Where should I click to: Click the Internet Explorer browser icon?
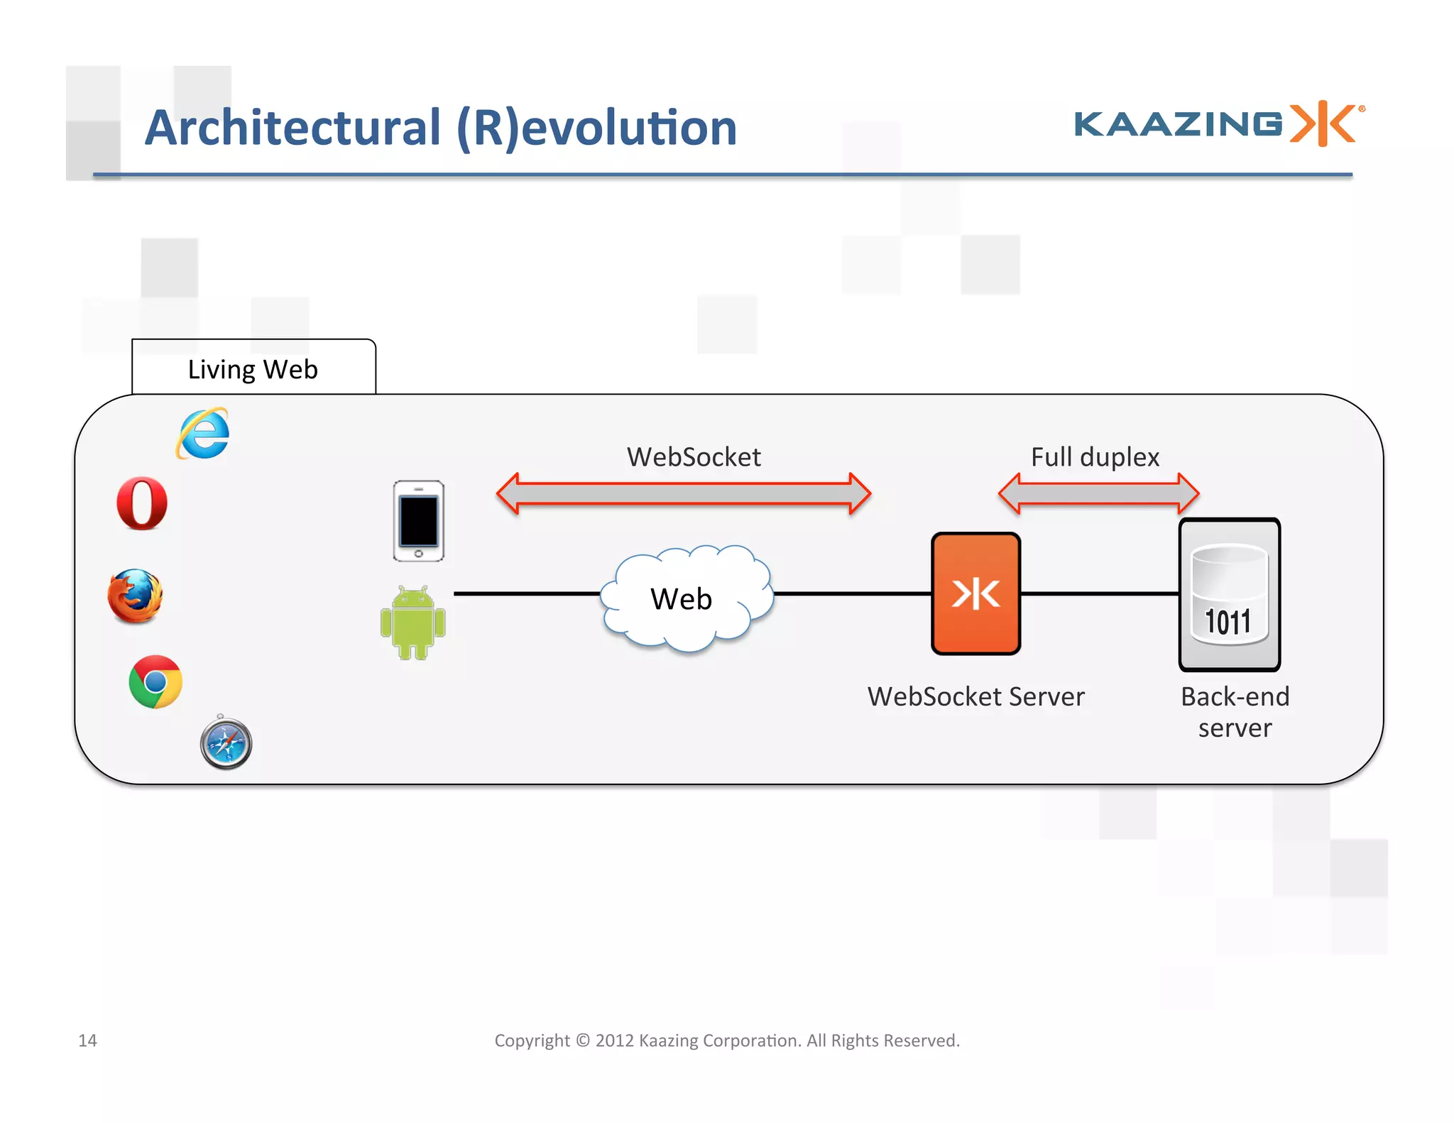203,433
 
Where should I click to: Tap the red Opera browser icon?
142,503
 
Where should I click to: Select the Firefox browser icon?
135,596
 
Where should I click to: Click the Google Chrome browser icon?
155,681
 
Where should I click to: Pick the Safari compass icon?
226,743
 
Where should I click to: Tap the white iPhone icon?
418,520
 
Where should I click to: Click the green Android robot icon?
412,623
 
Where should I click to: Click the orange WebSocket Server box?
975,593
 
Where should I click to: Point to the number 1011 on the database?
1228,622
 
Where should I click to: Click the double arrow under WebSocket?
683,493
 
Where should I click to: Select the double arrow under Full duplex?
1098,493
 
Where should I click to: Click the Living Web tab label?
253,369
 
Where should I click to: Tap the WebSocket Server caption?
975,696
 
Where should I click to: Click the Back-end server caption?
1235,712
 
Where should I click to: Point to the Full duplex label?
1095,456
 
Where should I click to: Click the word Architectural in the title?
293,128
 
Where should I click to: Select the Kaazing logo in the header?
1218,124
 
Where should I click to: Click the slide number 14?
87,1040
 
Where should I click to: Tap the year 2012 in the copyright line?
614,1040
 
